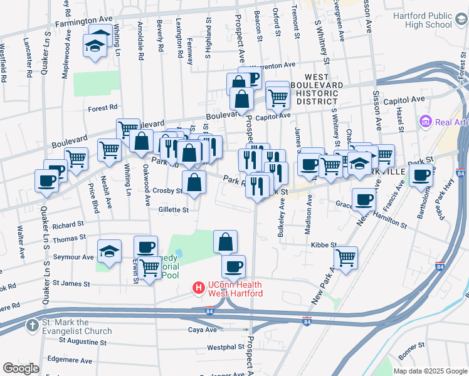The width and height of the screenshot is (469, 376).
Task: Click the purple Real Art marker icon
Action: click(x=426, y=120)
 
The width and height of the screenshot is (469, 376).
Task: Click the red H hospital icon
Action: click(x=198, y=288)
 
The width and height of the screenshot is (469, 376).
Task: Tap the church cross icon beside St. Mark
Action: click(x=32, y=325)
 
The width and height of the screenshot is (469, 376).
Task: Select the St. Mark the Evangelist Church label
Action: click(x=76, y=326)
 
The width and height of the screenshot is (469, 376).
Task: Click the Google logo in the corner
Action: click(x=21, y=368)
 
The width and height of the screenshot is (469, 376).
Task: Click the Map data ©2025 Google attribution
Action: click(x=429, y=371)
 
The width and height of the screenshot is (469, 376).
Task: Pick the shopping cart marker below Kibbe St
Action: click(x=345, y=257)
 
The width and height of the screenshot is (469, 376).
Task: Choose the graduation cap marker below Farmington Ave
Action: click(x=95, y=46)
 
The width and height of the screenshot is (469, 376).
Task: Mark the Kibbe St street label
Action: click(x=325, y=245)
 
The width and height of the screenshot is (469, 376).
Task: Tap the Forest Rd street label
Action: click(x=103, y=107)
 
